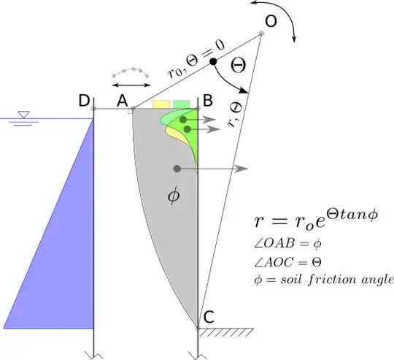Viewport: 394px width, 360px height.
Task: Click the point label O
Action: tap(271, 23)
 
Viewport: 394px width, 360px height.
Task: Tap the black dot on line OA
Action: tap(214, 62)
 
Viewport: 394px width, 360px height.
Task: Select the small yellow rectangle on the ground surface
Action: tap(161, 104)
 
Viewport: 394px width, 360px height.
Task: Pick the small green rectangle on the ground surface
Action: tap(182, 104)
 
